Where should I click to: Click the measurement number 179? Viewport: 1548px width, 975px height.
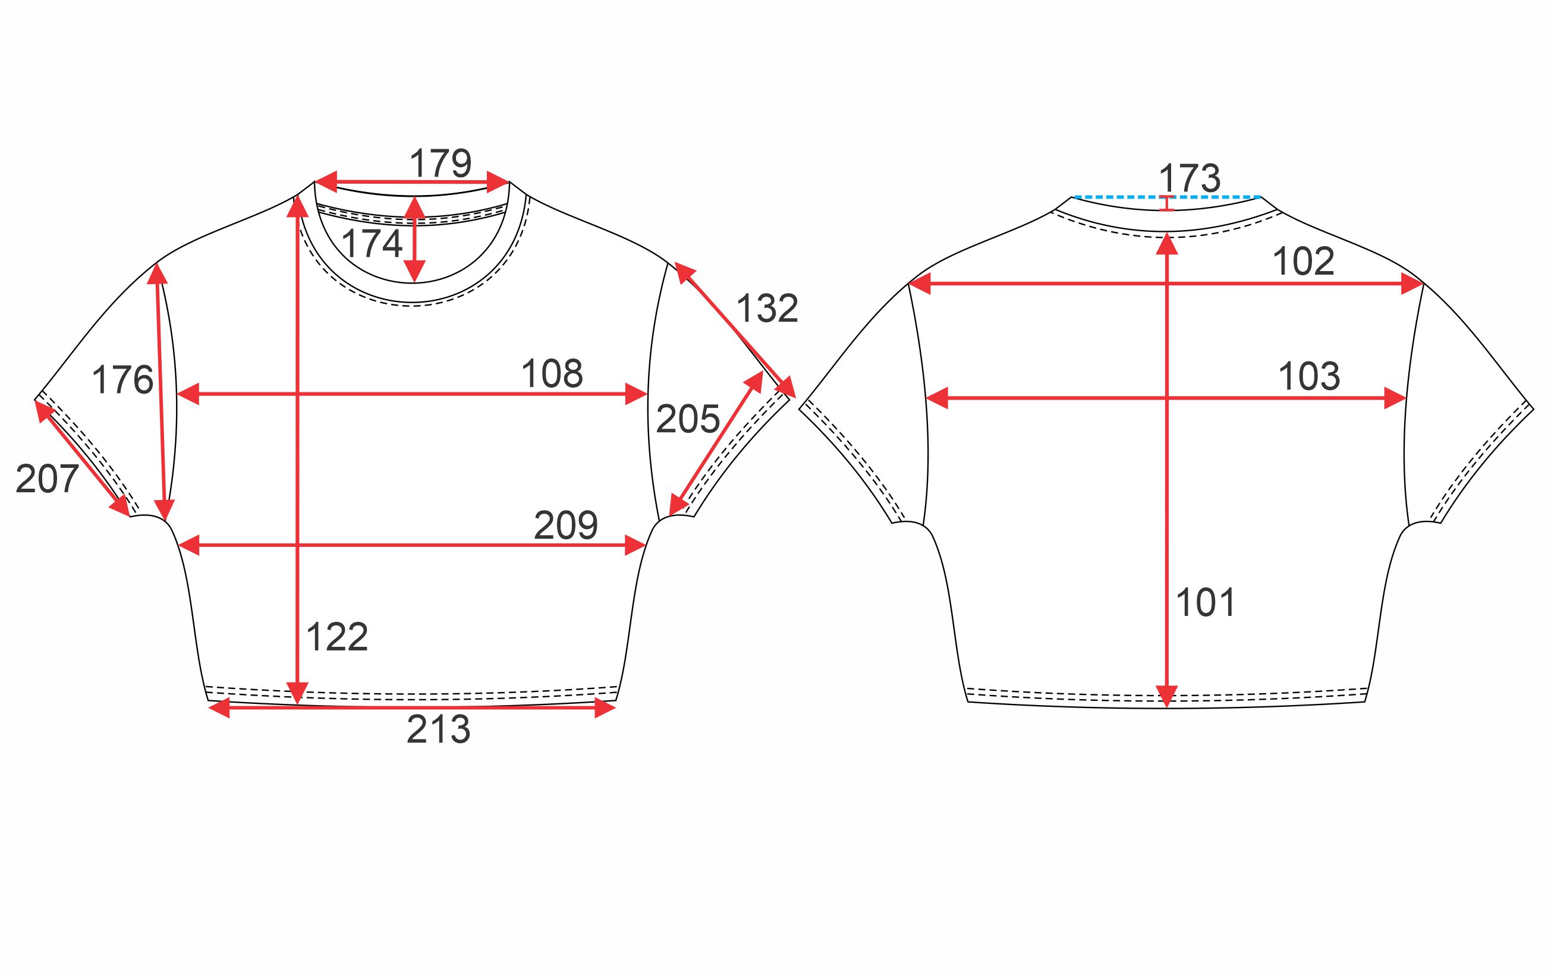441,163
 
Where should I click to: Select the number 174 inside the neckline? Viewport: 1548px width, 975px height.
372,244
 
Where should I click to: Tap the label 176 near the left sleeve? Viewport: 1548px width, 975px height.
123,379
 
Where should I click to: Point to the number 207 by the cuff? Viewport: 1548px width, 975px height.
47,479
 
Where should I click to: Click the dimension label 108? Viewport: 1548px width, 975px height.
552,373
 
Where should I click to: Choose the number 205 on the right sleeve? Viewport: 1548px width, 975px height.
688,419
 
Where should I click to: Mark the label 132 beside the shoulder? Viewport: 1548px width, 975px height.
767,309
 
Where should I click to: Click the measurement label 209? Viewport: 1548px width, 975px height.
566,525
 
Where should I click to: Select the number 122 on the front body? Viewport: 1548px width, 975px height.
337,637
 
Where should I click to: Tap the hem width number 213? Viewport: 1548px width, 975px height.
439,729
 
